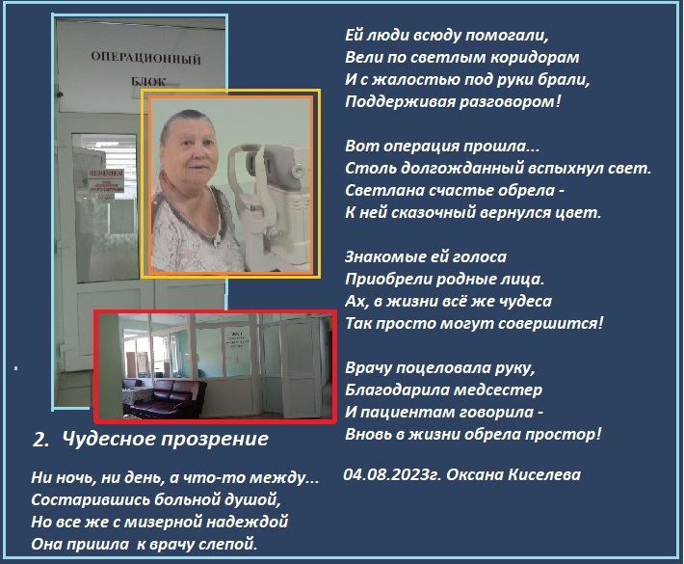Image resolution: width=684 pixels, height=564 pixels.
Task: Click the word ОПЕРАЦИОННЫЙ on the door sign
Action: pyautogui.click(x=145, y=58)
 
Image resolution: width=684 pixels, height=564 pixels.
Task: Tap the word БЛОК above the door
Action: pyautogui.click(x=148, y=81)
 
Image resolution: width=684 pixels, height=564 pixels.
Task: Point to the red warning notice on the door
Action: pyautogui.click(x=106, y=180)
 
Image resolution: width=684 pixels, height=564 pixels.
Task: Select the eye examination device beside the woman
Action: pyautogui.click(x=270, y=205)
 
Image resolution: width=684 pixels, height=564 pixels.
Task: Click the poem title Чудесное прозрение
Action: pyautogui.click(x=166, y=439)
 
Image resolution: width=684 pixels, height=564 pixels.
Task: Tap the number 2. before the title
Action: pyautogui.click(x=41, y=440)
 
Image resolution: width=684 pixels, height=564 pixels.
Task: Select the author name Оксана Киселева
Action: pyautogui.click(x=513, y=474)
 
